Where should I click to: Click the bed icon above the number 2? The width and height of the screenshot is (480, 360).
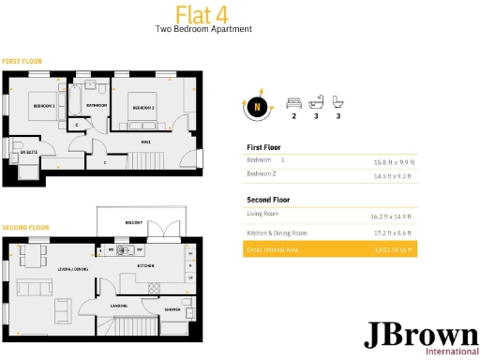coord(293,100)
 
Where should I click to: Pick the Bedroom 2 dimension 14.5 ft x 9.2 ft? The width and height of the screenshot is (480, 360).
coord(392,175)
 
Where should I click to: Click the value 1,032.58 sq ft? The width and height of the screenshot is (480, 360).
coord(392,250)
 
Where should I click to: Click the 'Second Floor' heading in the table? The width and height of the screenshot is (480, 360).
coord(268,200)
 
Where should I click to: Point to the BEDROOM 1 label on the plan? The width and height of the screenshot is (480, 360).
coord(44,107)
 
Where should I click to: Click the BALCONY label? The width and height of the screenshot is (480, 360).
coord(134,222)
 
